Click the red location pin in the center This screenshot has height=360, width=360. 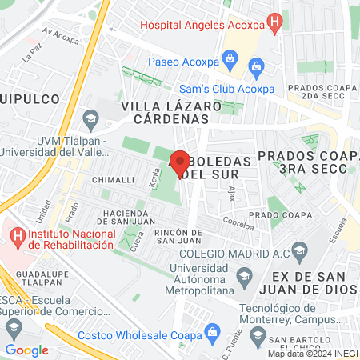[180, 164]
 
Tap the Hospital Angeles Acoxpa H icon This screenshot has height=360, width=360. [276, 24]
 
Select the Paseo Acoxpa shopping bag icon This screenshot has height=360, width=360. [230, 58]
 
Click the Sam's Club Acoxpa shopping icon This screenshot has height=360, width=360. [256, 65]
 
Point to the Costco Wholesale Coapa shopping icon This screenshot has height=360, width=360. [212, 331]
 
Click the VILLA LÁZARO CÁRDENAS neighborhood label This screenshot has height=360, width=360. [165, 113]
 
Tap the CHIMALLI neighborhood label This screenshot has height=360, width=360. [112, 180]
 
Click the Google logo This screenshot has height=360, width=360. [26, 350]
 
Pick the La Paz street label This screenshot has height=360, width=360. [32, 54]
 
